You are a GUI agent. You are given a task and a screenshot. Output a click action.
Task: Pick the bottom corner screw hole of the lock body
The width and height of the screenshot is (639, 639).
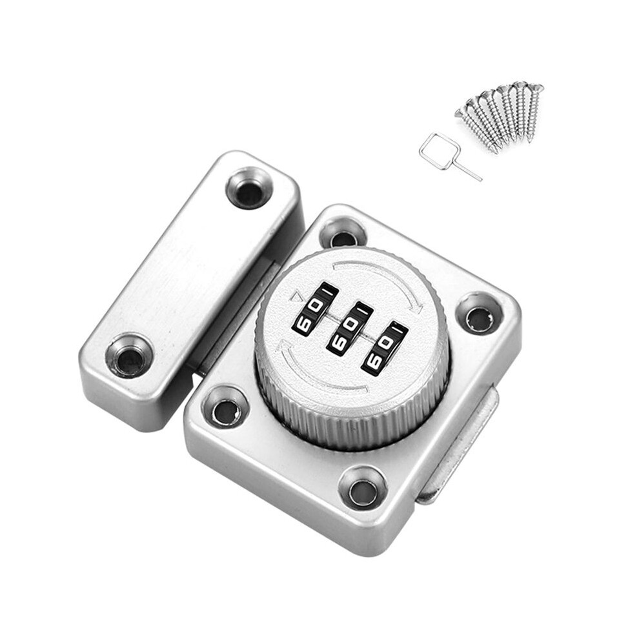[361, 487]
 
